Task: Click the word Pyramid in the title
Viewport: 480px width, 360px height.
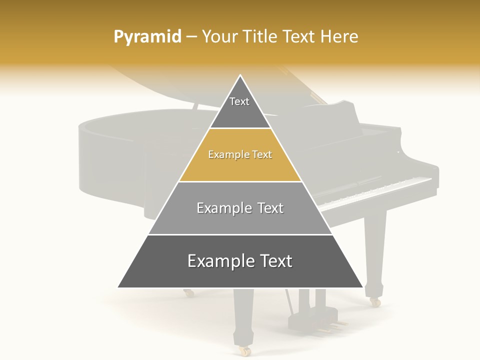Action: (147, 37)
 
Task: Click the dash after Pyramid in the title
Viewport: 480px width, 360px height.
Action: (191, 37)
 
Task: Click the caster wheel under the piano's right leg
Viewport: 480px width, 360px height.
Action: (374, 301)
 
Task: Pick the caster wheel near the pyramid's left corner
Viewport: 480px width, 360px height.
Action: (188, 293)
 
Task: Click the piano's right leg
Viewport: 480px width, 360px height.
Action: (375, 250)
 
